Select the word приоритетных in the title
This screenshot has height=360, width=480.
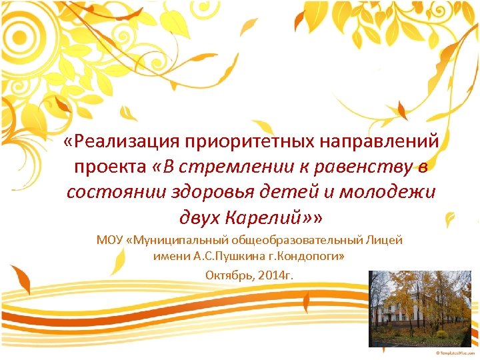pos(253,141)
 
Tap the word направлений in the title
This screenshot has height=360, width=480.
pos(383,141)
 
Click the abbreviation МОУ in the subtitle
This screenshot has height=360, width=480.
pos(111,240)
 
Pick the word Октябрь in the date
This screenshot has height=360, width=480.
pos(228,275)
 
